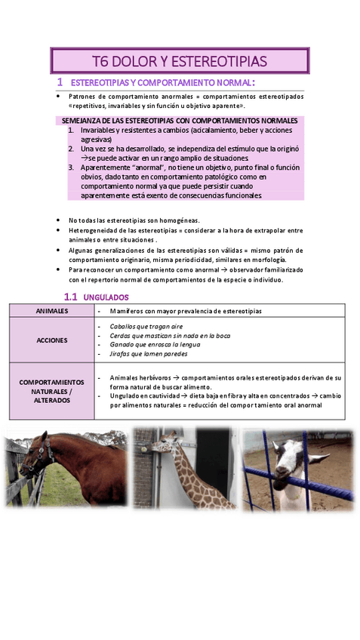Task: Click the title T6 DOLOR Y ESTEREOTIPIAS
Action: [179, 60]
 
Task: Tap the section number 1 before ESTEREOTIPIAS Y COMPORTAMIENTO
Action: [60, 82]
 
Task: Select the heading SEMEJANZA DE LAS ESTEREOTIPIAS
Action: [179, 121]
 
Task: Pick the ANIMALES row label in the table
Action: [51, 310]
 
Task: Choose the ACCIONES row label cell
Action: [51, 340]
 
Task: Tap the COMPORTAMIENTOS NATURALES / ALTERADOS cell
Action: [51, 391]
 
